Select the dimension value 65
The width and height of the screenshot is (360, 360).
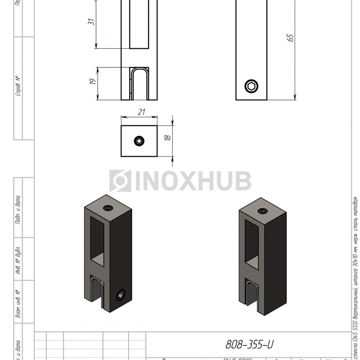pos(290,37)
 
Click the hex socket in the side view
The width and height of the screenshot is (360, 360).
pos(251,86)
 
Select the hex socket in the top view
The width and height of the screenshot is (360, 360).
pos(139,141)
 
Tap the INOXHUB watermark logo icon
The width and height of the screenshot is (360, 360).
pos(120,181)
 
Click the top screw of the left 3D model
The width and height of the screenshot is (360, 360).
pos(108,208)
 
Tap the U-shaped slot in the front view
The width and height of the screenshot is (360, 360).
pos(139,83)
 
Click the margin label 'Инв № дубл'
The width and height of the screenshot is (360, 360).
pos(19,262)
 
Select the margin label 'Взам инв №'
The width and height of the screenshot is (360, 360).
pos(19,304)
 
